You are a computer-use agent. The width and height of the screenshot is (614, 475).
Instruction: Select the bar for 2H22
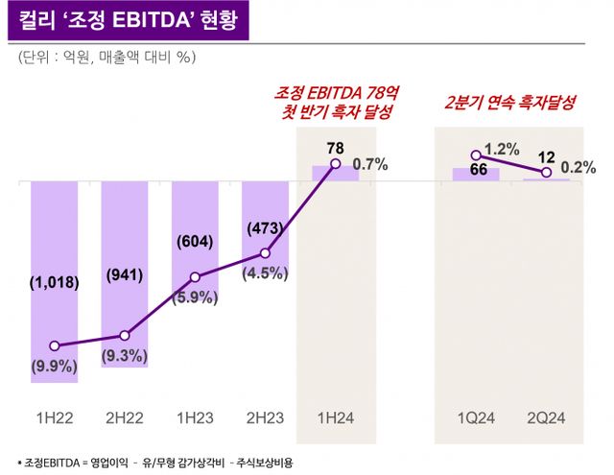[124, 273]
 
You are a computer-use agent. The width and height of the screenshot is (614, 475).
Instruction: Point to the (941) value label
[124, 275]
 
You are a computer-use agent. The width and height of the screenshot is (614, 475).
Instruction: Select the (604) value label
[195, 242]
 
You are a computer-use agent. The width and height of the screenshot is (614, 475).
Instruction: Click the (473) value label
[265, 228]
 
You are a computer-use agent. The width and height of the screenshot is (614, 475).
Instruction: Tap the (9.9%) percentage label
[54, 365]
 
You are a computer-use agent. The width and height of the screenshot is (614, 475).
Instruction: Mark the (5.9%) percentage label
[195, 297]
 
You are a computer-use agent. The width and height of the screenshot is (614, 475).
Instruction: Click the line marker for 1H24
[336, 164]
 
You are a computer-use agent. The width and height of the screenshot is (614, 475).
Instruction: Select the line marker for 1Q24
[476, 154]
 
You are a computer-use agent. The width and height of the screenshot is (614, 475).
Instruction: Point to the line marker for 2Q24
[546, 173]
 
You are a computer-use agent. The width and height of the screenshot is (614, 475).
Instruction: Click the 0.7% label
[370, 164]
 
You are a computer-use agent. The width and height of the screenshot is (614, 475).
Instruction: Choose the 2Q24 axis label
[546, 418]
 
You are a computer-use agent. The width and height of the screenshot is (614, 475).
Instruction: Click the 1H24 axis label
[335, 418]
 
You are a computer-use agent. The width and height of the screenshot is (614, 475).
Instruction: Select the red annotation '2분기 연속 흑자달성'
[510, 103]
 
